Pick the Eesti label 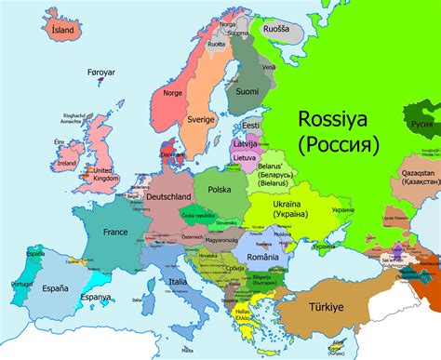(249, 125)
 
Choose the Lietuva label (244, 157)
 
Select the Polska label (220, 189)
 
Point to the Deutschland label (167, 197)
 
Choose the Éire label (59, 141)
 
